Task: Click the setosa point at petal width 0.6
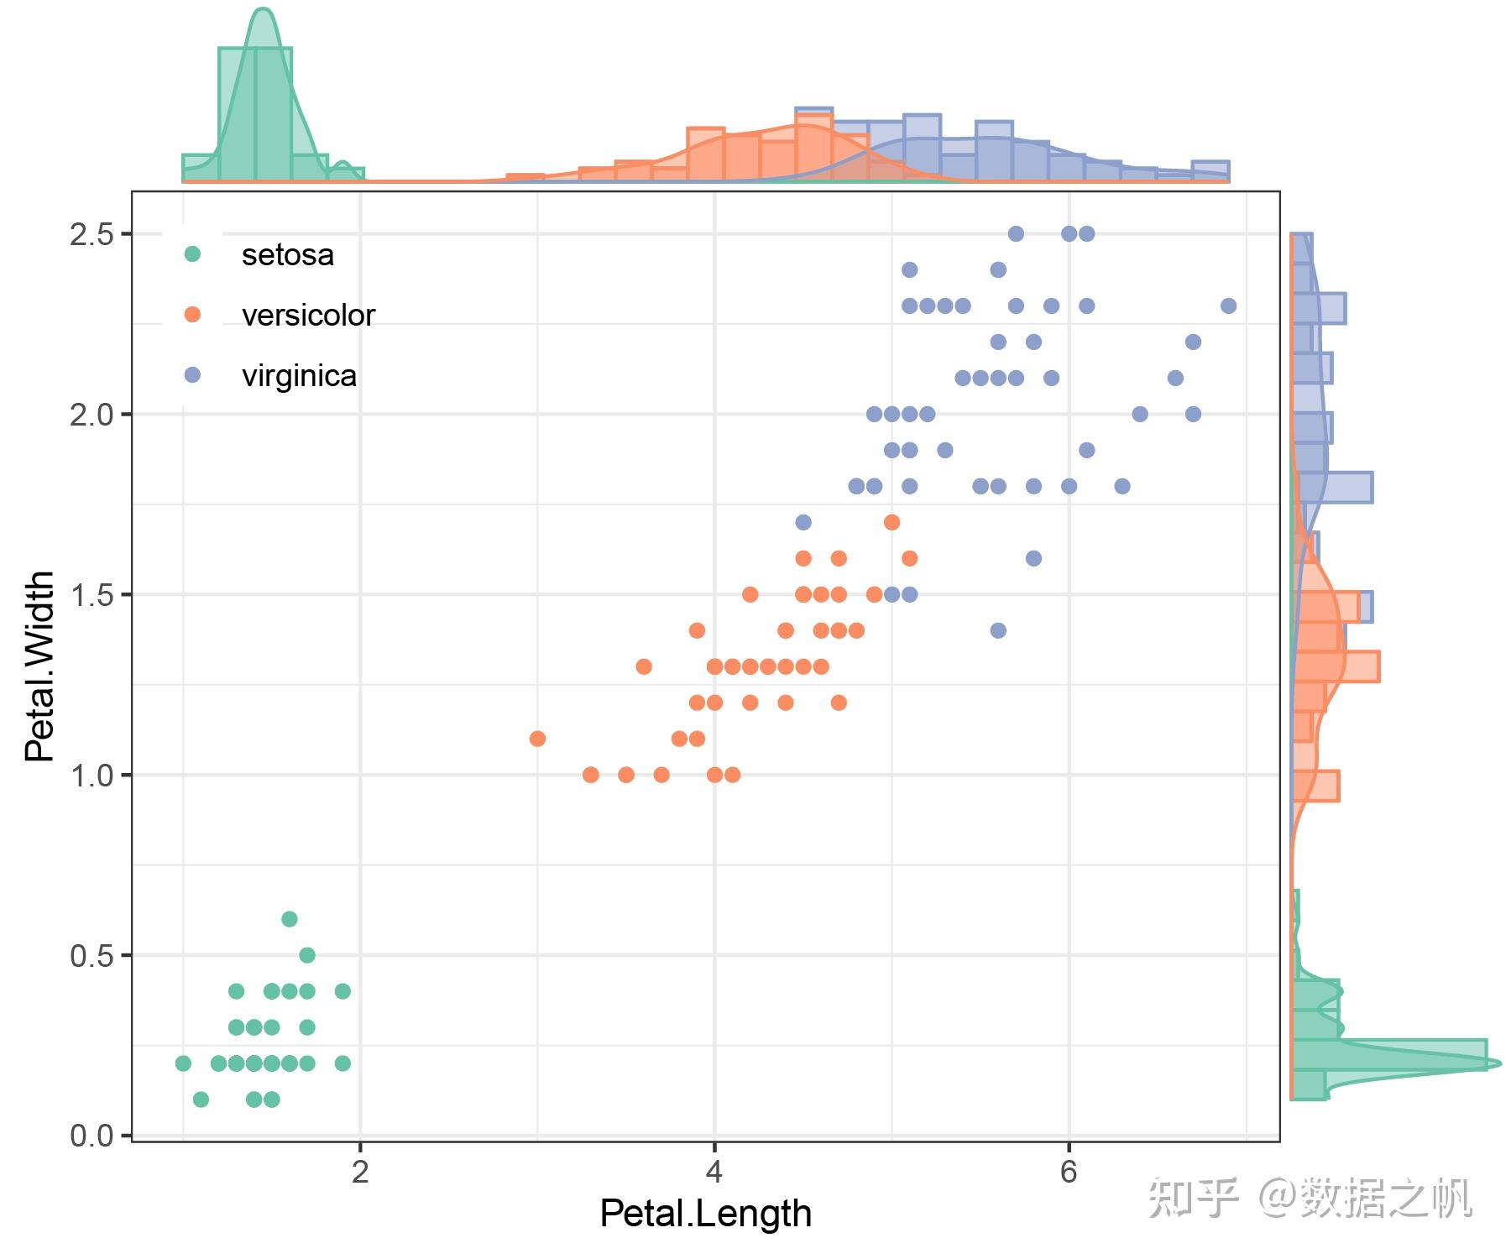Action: coord(290,919)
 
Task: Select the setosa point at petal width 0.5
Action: coord(307,955)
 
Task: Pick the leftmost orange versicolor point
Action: coord(538,739)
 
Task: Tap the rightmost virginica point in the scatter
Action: coord(1228,306)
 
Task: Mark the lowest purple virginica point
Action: coord(998,630)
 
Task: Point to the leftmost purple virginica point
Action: coord(803,522)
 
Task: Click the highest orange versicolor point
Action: coord(892,522)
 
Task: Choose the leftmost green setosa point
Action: coord(183,1063)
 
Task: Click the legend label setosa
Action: coord(287,254)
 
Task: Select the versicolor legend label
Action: coord(308,315)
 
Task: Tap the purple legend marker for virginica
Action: coord(192,375)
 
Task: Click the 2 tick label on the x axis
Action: coord(360,1171)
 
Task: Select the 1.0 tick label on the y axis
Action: coord(92,776)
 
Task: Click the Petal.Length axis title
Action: coord(706,1214)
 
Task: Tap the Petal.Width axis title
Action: coord(39,667)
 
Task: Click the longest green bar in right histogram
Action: coord(1389,1055)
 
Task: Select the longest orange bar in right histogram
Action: coord(1336,666)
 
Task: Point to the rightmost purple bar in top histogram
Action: coord(1210,171)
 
